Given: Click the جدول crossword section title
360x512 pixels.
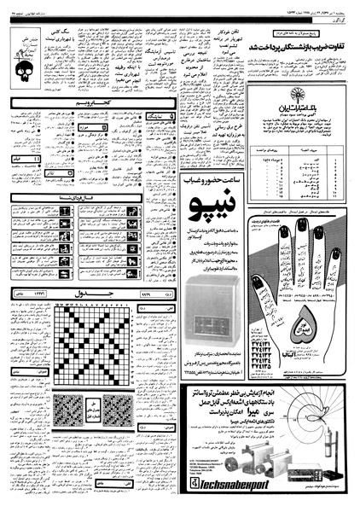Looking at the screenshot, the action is [87, 317].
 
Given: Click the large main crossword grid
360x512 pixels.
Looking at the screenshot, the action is [90, 379].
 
